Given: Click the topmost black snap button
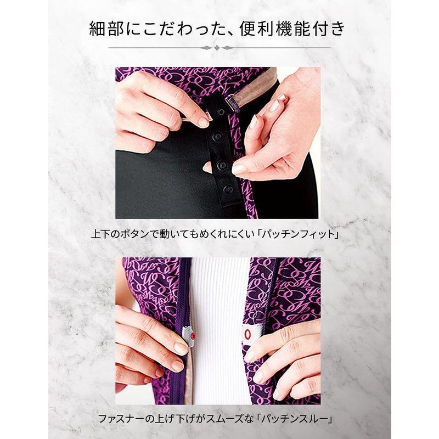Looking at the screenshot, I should [x=221, y=112].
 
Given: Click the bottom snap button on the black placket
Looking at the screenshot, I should [x=227, y=190].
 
